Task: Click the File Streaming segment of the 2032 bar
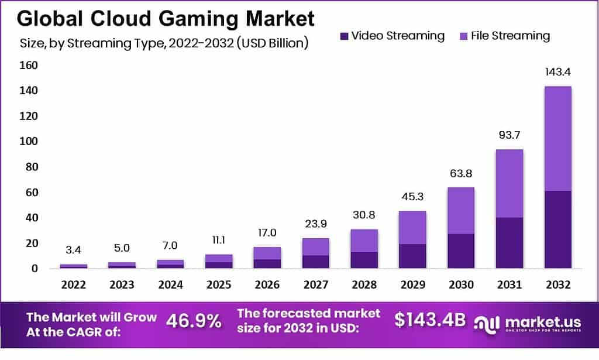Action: click(x=557, y=138)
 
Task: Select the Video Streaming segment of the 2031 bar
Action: click(x=509, y=243)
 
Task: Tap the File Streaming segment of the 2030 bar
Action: click(x=460, y=210)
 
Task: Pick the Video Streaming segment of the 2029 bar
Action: click(x=412, y=256)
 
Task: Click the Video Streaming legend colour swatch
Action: click(x=344, y=36)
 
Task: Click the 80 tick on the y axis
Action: click(x=30, y=167)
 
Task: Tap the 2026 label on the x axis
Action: click(x=266, y=284)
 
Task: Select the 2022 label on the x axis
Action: click(x=73, y=284)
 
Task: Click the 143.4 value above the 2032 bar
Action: click(x=557, y=73)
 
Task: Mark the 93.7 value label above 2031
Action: click(x=509, y=136)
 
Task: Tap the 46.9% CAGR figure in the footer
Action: click(x=194, y=320)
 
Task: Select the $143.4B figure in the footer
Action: click(x=430, y=320)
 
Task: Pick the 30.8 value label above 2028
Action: click(x=363, y=215)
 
